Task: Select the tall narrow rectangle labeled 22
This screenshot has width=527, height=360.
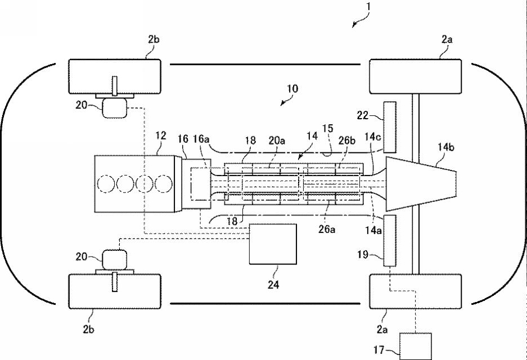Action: [390, 127]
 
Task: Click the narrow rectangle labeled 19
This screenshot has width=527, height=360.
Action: [390, 240]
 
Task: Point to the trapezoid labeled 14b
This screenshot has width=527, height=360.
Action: [421, 183]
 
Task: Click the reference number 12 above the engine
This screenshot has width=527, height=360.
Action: [161, 136]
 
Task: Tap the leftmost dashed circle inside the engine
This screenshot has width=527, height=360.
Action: [106, 183]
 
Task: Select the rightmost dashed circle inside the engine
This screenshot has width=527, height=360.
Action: [163, 183]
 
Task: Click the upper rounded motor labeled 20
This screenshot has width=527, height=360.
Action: [115, 108]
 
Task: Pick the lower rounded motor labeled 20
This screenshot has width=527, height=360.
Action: [115, 259]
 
